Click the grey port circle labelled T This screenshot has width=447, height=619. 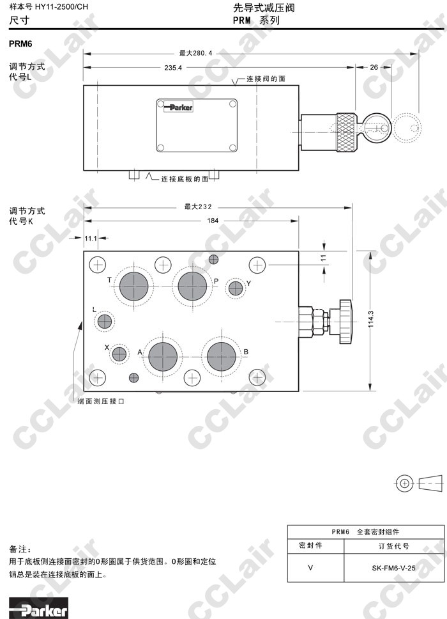pos(134,286)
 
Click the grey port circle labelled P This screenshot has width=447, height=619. pos(192,286)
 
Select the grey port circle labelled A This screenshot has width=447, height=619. pos(163,356)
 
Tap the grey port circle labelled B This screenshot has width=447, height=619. pos(221,356)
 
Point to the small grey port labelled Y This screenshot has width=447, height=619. pos(236,288)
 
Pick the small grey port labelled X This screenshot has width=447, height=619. pos(119,354)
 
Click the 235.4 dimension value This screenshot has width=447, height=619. pos(173,68)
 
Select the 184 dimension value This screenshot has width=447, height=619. pos(213,221)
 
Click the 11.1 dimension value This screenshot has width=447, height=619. pos(91,238)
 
